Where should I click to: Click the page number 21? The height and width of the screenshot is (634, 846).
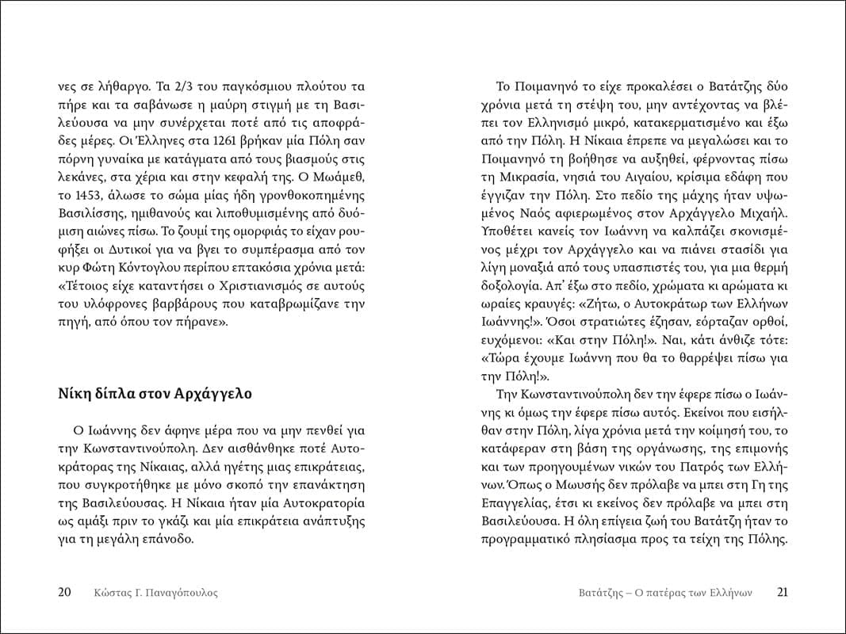783,592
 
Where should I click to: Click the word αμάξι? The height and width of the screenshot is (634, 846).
90,520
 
